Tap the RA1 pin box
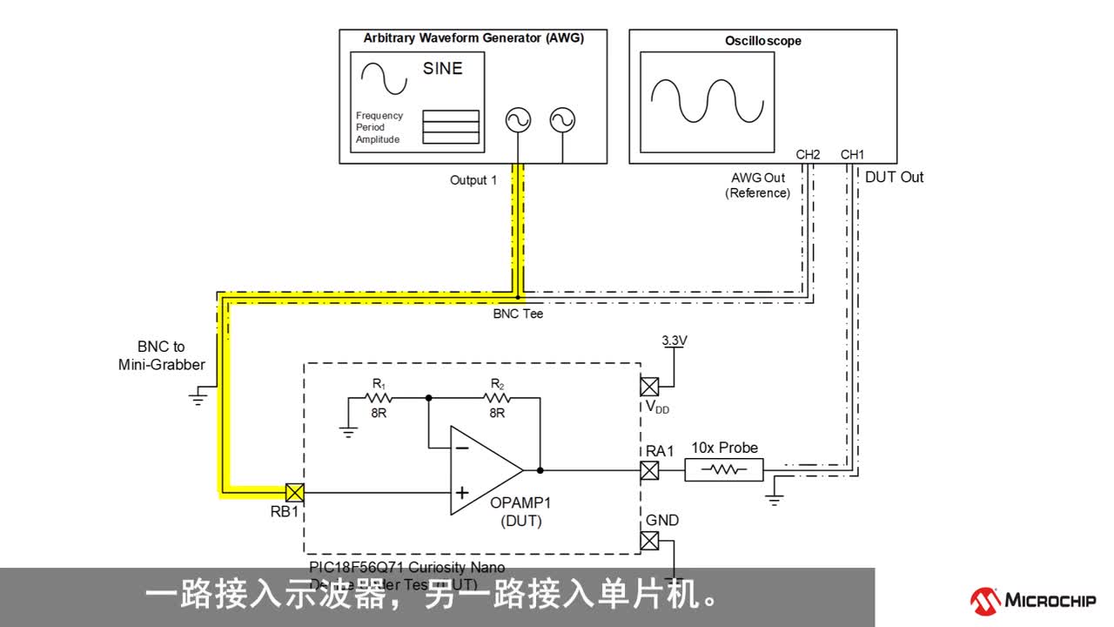coord(649,470)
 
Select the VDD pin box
coord(649,387)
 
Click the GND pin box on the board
coord(649,541)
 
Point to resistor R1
coord(379,398)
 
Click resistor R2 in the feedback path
coord(497,398)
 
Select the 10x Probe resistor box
coord(723,470)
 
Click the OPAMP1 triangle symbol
coord(484,470)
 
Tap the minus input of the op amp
coord(462,448)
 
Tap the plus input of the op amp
coord(462,493)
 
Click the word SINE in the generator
coord(442,69)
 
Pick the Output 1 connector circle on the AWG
coord(519,120)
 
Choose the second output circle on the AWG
coord(563,120)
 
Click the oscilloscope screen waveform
coord(707,101)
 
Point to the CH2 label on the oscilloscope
coord(808,155)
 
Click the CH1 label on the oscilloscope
coord(852,155)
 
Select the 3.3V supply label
coord(674,340)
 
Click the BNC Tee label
coord(518,313)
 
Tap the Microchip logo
coord(1033,600)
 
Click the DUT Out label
coord(894,177)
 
